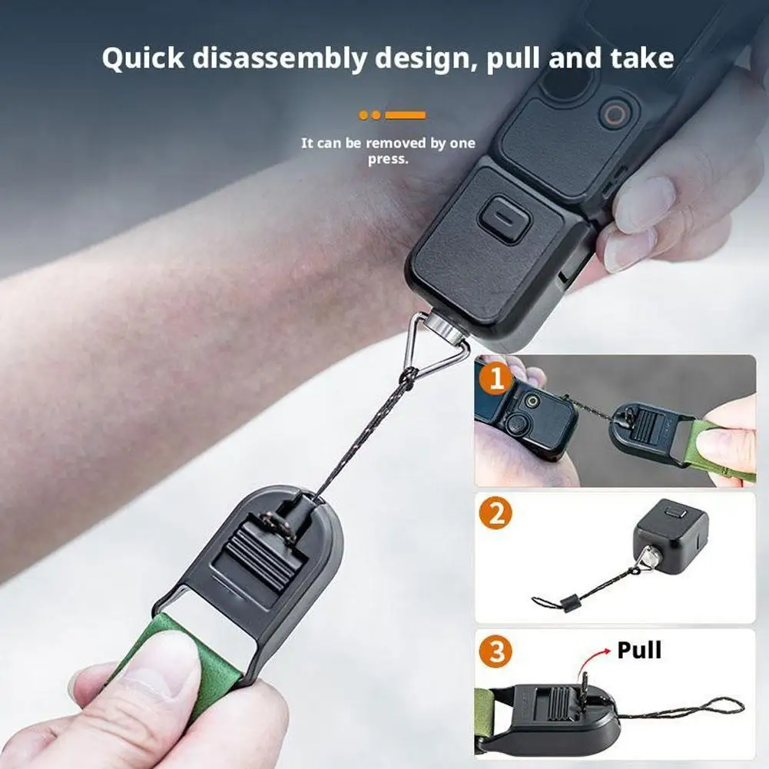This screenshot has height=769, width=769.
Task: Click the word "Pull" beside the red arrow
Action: point(639,651)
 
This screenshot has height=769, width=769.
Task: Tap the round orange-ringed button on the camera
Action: point(613,115)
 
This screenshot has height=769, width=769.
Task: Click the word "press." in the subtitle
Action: point(387,159)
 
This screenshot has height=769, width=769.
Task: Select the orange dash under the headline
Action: point(405,115)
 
